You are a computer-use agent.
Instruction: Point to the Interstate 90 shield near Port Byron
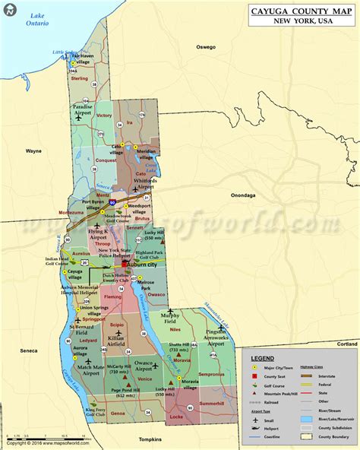(x=112, y=204)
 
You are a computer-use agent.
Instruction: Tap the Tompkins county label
(x=151, y=439)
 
